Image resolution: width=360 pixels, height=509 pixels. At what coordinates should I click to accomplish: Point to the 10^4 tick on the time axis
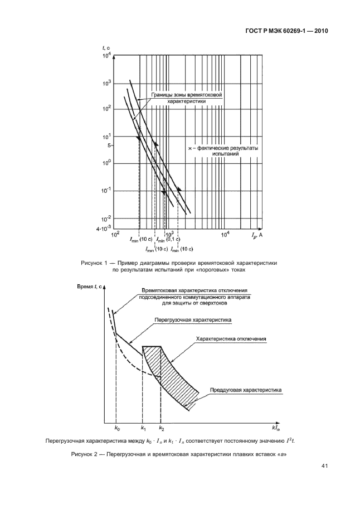[x=108, y=55]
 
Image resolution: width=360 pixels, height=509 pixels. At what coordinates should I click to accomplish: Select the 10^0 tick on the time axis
[x=108, y=163]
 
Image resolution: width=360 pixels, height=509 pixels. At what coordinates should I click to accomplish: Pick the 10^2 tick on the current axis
[x=115, y=234]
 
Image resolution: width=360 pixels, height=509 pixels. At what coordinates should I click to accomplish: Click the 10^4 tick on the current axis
[x=225, y=234]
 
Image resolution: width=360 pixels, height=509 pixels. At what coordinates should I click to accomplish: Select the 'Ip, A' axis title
[x=256, y=235]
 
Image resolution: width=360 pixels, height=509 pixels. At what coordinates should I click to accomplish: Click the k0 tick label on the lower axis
[x=117, y=428]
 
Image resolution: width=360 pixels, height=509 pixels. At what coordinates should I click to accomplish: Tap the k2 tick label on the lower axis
[x=162, y=428]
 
